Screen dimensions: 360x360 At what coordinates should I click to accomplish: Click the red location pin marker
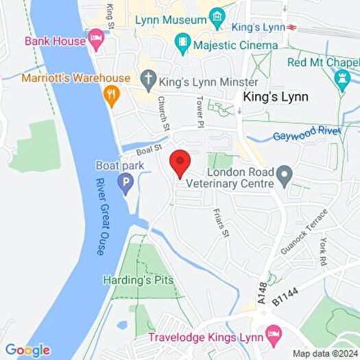(x=180, y=163)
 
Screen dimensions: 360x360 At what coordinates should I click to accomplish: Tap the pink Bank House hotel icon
(x=95, y=40)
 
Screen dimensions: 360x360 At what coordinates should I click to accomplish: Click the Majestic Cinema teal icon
(x=182, y=45)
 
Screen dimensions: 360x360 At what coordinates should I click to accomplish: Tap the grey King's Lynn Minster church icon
(x=148, y=80)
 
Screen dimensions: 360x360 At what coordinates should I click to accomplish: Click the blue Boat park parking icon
(x=125, y=183)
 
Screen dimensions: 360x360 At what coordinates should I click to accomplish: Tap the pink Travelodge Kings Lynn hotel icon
(x=274, y=336)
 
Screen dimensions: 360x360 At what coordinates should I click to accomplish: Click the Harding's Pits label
(x=138, y=280)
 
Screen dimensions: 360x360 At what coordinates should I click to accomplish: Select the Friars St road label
(x=220, y=224)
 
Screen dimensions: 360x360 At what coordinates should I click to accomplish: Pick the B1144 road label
(x=285, y=293)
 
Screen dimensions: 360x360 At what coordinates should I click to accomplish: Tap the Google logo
(x=28, y=350)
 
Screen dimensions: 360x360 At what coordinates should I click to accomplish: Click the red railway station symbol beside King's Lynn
(x=291, y=27)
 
